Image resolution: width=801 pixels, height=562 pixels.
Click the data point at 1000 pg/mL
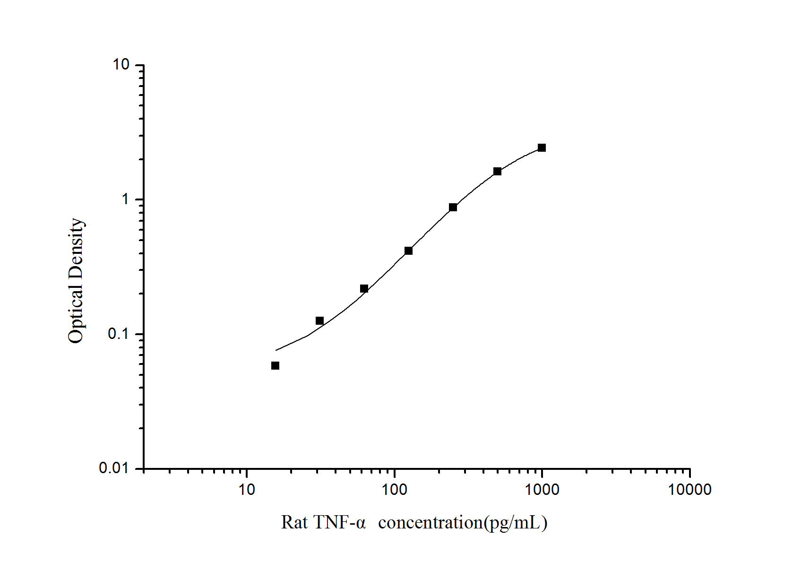point(542,148)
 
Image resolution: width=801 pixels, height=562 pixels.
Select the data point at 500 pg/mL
point(497,171)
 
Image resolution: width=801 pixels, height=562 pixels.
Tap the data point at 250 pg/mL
point(453,207)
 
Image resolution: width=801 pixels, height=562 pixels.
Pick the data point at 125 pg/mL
point(408,251)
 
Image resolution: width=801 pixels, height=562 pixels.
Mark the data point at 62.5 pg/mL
point(364,288)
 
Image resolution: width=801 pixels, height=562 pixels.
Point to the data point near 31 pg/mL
point(319,321)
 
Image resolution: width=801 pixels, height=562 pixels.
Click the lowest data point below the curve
point(275,365)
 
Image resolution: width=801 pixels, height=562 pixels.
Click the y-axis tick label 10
point(121,65)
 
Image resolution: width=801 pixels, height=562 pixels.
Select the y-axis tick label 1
point(125,199)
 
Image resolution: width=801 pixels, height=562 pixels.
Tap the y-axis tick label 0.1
point(118,334)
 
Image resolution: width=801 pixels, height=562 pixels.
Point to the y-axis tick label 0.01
point(114,468)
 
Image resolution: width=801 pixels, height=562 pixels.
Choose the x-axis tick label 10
point(246,490)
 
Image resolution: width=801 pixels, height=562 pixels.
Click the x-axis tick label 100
point(394,490)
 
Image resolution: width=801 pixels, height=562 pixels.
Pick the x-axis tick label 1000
point(542,490)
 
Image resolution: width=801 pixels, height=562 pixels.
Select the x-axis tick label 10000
point(689,490)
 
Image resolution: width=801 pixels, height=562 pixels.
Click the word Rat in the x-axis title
point(294,523)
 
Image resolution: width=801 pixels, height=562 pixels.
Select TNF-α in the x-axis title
point(339,523)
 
